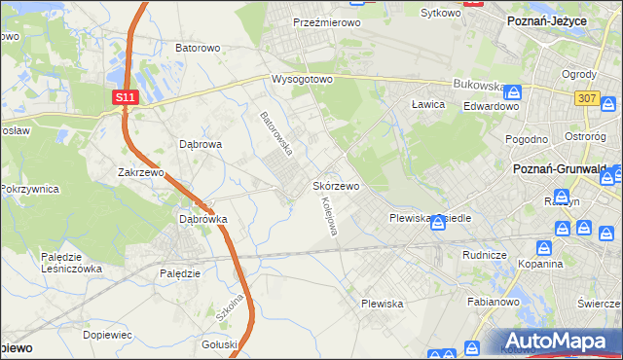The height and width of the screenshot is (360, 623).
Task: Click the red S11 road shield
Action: pos(124,97)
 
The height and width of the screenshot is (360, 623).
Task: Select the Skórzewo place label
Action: pos(337,185)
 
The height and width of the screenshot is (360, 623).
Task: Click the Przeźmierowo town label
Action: pos(327,21)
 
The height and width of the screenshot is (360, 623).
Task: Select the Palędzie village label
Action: pos(179,273)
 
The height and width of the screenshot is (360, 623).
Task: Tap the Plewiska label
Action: pos(383,304)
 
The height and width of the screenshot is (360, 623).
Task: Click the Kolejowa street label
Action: pos(328,217)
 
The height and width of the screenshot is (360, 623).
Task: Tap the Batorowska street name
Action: pos(276,133)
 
